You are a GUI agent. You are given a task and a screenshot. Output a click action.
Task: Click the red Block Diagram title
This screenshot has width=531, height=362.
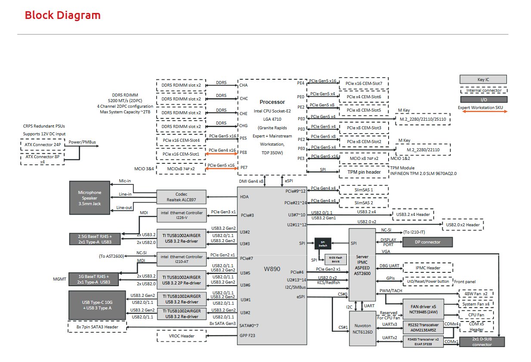[x=62, y=16]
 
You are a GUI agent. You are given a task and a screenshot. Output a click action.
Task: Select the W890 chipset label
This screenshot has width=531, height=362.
[x=272, y=269]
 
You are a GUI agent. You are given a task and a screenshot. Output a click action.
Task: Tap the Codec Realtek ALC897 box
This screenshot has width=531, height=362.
[x=181, y=197]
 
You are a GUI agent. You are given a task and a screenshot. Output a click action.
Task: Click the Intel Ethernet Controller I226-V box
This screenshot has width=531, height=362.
[x=181, y=215]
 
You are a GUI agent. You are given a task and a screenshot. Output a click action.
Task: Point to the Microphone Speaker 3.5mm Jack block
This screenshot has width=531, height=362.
[x=90, y=197]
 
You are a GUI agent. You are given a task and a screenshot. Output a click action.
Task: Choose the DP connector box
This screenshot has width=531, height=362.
[x=427, y=242]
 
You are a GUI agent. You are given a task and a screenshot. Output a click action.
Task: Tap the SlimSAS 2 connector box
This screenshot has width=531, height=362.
[x=364, y=202]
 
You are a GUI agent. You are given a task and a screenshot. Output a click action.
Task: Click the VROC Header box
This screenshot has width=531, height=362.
[x=181, y=336]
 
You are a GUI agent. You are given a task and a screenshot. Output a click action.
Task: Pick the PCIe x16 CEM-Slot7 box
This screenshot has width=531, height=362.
[x=364, y=83]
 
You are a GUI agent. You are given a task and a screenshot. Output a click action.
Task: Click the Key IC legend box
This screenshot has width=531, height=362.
[x=483, y=79]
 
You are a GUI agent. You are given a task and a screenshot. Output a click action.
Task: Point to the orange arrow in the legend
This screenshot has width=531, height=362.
[x=482, y=112]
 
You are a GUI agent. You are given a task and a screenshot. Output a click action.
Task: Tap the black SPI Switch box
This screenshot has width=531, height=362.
[x=323, y=243]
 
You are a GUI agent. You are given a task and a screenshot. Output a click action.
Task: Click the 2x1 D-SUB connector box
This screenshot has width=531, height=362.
[x=482, y=342]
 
